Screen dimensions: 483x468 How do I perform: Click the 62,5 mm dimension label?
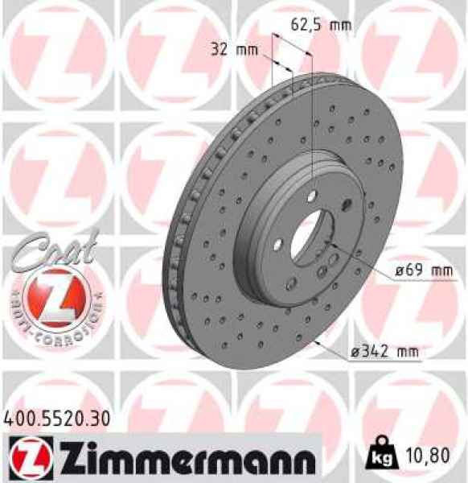(x=320, y=24)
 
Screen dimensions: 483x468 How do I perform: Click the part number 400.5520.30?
(x=57, y=419)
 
